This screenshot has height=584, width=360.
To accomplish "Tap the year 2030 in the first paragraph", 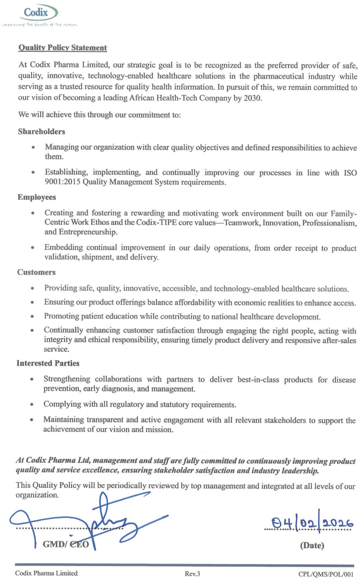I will coord(252,98).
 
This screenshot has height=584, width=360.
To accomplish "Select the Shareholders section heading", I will coord(41,131).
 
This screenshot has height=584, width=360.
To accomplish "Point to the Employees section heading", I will coord(37,197).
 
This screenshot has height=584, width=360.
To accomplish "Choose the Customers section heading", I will coord(36,272).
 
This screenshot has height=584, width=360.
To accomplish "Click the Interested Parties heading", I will coord(48,363).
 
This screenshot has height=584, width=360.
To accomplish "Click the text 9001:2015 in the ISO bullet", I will coord(62,182).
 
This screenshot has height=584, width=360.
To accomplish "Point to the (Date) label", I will coord(312,545).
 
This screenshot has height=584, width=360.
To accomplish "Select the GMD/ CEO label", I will coord(66,544).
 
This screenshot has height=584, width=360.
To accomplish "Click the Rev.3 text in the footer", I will coord(192,573).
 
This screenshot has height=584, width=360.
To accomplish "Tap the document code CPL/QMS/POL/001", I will coord(326,574).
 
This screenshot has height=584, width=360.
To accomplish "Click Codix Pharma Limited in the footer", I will coord(46,573).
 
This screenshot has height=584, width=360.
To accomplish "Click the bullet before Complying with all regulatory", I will coord(32,404).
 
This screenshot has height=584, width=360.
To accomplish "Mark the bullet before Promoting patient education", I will coord(33,316).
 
